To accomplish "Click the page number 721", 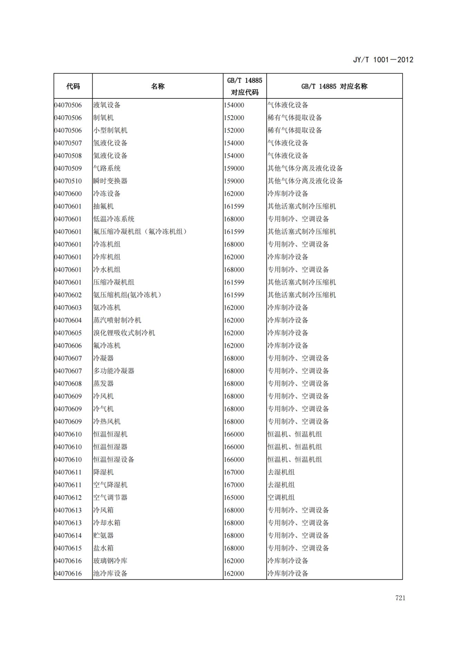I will click(x=400, y=598).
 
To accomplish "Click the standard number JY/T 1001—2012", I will click(x=383, y=60).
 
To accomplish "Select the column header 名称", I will click(x=158, y=86).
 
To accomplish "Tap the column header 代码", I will click(x=73, y=86).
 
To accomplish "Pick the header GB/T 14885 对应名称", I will click(x=334, y=86).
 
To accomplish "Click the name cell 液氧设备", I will click(x=107, y=105).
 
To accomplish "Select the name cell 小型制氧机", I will click(x=110, y=131).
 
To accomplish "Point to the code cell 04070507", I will click(x=68, y=143).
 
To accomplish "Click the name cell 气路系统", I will click(x=107, y=168).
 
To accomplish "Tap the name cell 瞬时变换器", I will click(x=110, y=181).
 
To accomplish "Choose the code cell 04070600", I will click(x=68, y=194).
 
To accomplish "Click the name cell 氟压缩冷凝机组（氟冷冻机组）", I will click(x=140, y=232).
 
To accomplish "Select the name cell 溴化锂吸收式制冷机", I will click(x=124, y=333).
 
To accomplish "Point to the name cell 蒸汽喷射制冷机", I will click(x=117, y=320).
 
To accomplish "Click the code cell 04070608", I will click(x=68, y=384).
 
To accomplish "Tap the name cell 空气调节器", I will click(x=110, y=498).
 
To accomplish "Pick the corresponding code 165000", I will click(x=234, y=498).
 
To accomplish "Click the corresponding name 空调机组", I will click(x=281, y=498).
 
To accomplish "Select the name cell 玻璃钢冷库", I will click(x=110, y=561).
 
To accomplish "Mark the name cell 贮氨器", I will click(x=103, y=536).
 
